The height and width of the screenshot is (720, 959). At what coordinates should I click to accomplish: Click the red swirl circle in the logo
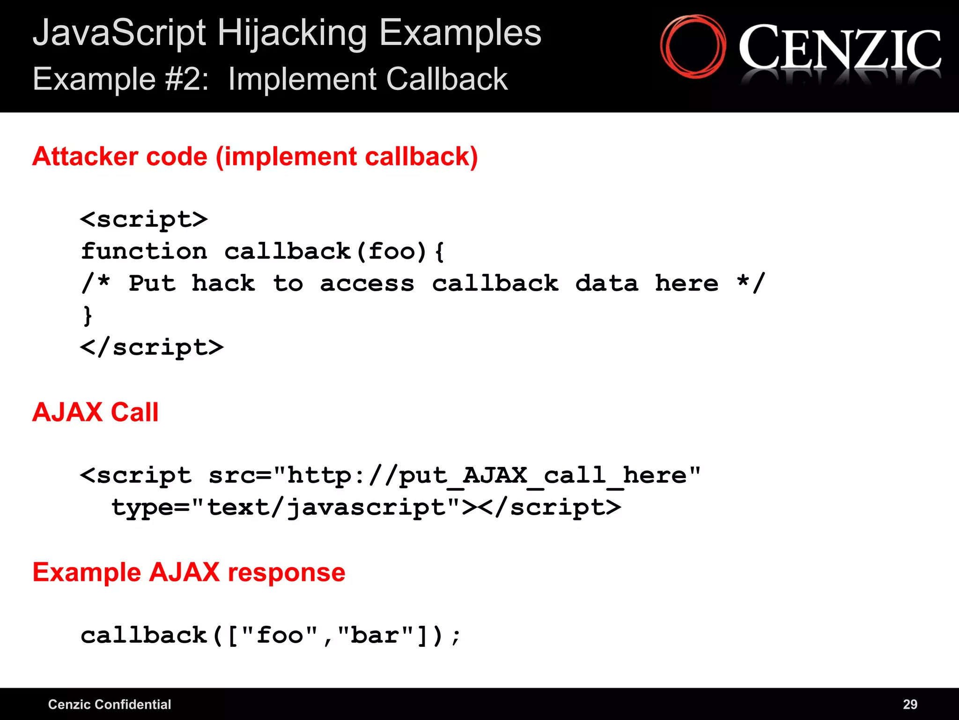693,46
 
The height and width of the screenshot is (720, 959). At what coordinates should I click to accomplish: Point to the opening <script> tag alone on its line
144,219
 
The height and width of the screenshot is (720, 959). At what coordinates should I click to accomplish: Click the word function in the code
144,251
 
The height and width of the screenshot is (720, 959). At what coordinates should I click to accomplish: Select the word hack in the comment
223,283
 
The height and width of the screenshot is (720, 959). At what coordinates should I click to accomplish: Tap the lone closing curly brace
88,315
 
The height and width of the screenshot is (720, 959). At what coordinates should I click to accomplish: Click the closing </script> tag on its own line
152,347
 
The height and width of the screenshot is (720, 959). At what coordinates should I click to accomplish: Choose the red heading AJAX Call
96,412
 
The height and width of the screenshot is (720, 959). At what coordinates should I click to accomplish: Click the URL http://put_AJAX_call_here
487,476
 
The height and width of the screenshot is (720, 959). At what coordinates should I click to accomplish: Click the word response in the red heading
286,572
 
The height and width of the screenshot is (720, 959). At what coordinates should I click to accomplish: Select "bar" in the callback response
376,636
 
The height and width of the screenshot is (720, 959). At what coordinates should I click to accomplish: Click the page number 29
910,704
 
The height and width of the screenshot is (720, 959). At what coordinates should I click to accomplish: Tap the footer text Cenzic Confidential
110,704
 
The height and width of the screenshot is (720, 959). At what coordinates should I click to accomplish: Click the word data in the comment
606,283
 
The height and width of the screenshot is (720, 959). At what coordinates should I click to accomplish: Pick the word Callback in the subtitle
447,79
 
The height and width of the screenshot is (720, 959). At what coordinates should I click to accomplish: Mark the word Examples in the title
460,34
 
